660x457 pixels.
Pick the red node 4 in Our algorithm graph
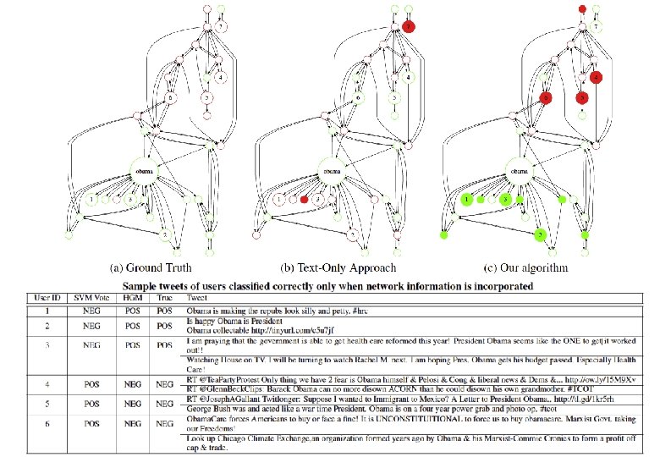click(x=597, y=77)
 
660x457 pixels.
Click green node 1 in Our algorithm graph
click(x=466, y=200)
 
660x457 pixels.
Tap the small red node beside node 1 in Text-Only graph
click(x=303, y=200)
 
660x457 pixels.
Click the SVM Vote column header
click(x=87, y=299)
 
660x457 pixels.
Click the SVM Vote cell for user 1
click(x=87, y=312)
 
